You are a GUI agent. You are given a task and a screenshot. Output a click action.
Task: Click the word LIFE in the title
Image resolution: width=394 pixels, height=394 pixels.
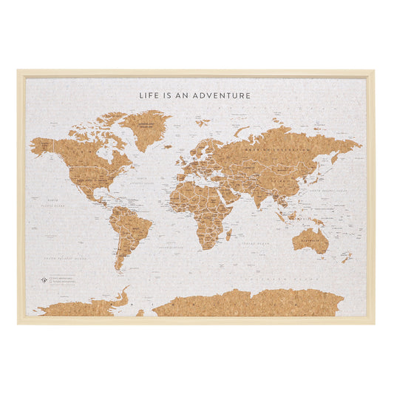[149, 95]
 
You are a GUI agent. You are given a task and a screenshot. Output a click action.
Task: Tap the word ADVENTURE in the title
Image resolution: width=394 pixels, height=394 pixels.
[225, 95]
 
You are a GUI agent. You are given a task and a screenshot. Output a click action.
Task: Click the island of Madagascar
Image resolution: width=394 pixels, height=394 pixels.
[229, 234]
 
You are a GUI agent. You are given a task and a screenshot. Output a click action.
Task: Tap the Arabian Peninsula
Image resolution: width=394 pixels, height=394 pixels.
[230, 195]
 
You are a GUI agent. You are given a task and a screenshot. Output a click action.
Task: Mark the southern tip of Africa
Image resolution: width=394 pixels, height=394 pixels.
[203, 248]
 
